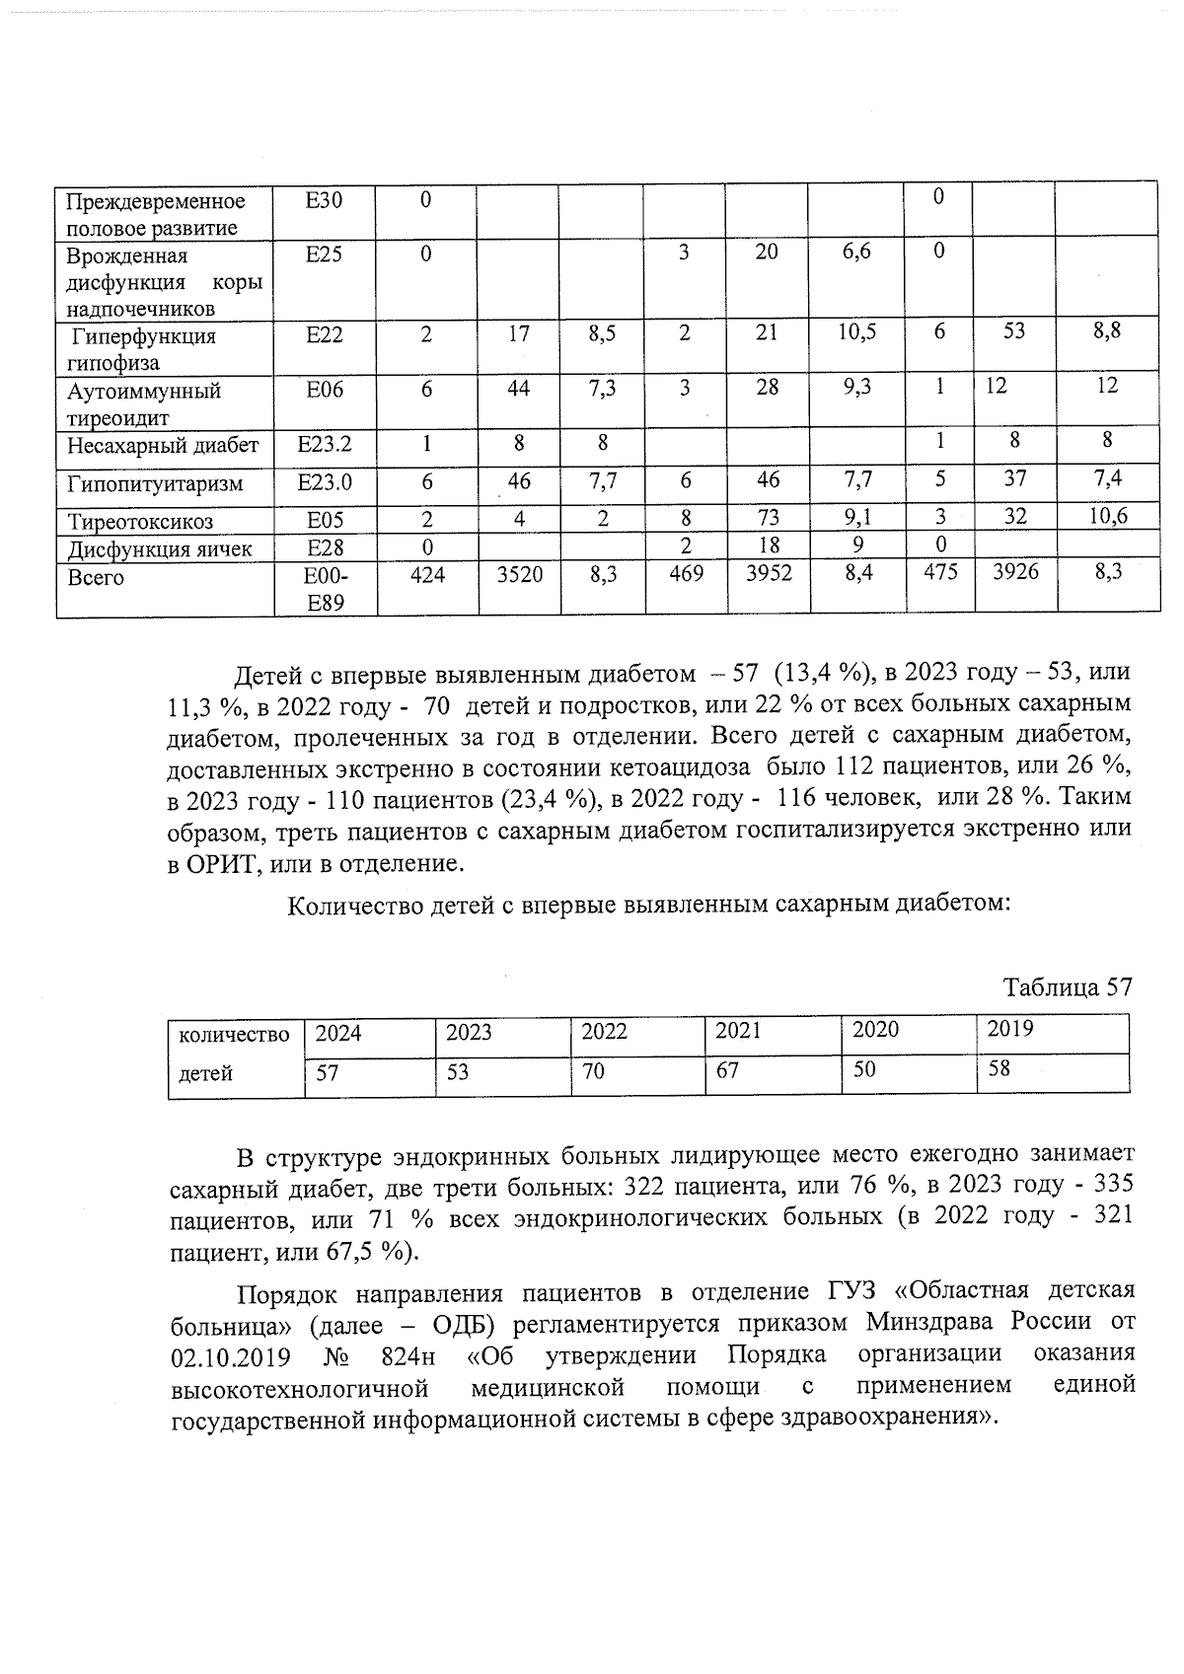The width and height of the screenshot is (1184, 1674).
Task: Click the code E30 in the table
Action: (324, 201)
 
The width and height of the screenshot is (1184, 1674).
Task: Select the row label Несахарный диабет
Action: (163, 446)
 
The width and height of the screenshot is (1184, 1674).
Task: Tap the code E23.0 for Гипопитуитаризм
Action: (325, 483)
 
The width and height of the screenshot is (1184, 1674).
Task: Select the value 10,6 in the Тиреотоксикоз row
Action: (1108, 515)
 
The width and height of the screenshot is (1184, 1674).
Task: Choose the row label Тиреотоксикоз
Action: (140, 521)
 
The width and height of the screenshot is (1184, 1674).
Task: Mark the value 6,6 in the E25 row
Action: (856, 253)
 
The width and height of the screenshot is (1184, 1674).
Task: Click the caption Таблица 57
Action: (1068, 987)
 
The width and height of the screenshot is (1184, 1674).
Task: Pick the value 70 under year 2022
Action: (593, 1070)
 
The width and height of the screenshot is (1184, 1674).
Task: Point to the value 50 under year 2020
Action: (864, 1068)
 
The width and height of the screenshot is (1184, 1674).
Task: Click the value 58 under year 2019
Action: (999, 1068)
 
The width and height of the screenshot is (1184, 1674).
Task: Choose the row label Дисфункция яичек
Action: (160, 548)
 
